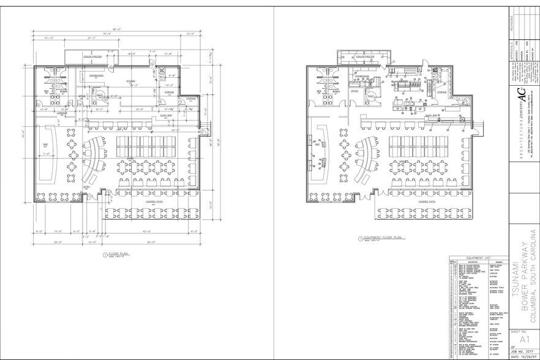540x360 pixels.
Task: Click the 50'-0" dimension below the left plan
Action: (150, 242)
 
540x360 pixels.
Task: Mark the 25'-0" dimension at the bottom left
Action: (56, 242)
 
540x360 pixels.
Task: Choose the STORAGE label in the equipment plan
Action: (441, 92)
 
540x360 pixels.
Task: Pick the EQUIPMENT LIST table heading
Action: (475, 258)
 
